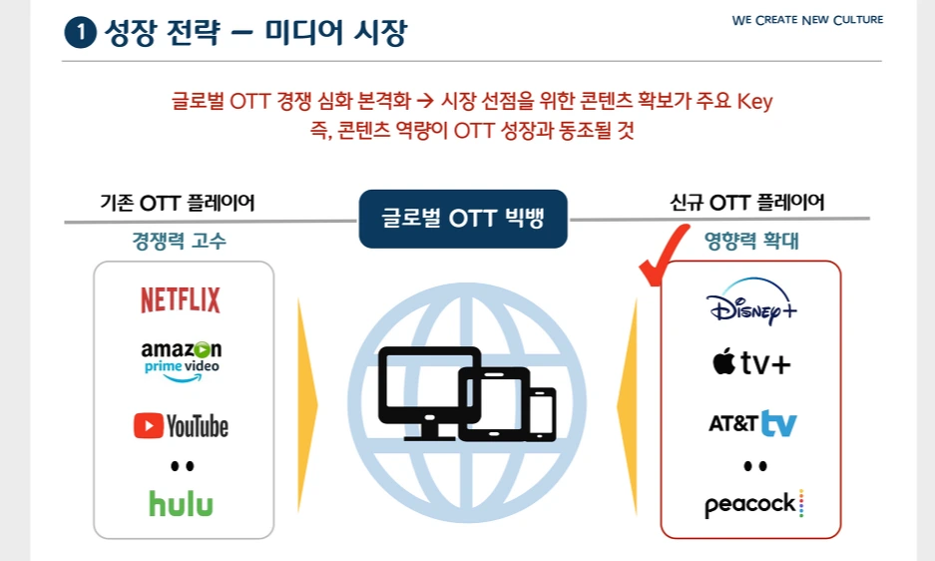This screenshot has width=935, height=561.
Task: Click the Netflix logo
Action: [181, 299]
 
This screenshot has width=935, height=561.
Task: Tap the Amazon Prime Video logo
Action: [181, 358]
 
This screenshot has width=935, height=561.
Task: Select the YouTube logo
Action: [181, 426]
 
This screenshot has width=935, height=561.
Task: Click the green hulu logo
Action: [181, 502]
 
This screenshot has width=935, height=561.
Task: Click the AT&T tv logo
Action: [751, 423]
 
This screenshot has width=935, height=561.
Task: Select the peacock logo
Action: [753, 504]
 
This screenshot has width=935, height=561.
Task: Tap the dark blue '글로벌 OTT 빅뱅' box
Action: [463, 218]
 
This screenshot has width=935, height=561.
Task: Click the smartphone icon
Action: [542, 412]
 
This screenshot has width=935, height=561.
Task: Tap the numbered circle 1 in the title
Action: [79, 33]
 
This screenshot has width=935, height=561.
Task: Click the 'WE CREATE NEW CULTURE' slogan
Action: [807, 20]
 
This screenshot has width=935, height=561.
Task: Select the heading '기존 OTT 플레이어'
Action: [178, 203]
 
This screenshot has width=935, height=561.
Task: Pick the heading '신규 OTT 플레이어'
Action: [747, 203]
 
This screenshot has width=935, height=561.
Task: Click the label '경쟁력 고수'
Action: [180, 241]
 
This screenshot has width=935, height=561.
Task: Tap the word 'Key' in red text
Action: [754, 102]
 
